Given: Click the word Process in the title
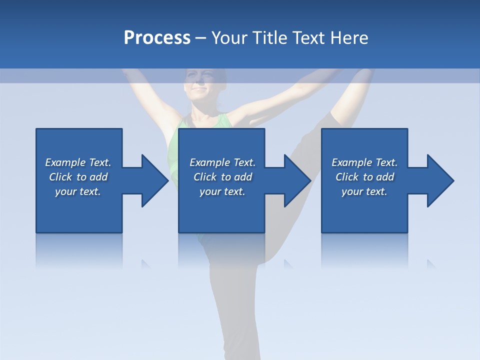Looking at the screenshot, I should click(x=157, y=38).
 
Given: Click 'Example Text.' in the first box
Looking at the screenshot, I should click(x=78, y=162).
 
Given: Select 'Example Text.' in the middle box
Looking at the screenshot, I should click(x=222, y=162).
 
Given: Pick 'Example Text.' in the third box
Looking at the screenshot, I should click(x=364, y=162).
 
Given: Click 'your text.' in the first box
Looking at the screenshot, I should click(x=78, y=191).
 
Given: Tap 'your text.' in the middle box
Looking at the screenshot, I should click(x=222, y=191).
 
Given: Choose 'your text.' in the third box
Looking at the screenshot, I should click(x=364, y=191).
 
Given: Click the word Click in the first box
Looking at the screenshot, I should click(x=61, y=177).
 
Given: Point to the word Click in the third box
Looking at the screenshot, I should click(x=347, y=177).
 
